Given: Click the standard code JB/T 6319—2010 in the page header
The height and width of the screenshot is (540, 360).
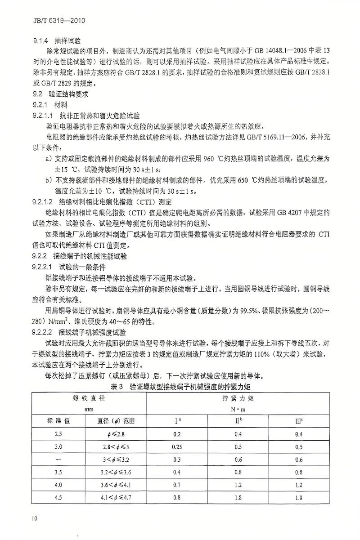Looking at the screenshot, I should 53,21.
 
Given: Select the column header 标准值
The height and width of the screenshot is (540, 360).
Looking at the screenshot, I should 58,422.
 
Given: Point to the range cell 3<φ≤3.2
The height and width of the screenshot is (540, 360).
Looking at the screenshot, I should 116,460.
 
